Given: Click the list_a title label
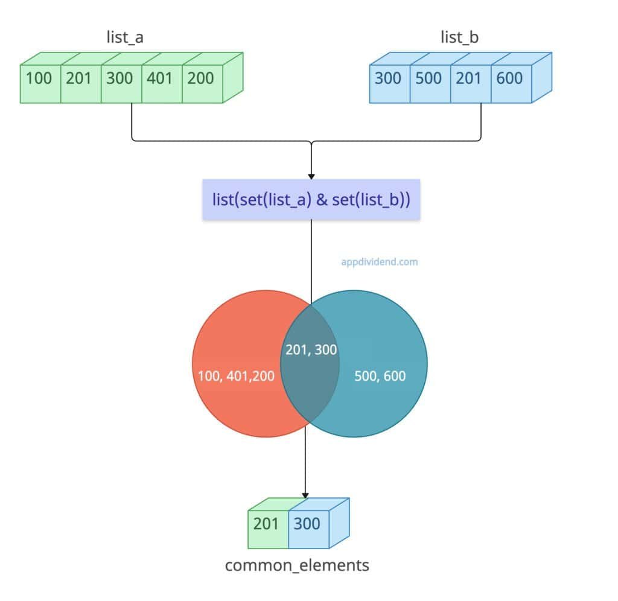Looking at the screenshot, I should point(125,38).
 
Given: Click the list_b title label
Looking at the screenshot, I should point(459,38).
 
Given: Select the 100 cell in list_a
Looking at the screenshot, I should point(39,78).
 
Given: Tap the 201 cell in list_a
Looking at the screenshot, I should point(78,78).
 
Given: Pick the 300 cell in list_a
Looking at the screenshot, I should point(119,78).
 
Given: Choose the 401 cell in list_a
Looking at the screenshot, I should point(160,78).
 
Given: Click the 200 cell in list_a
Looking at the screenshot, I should point(200,78).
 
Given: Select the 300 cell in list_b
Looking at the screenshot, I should point(388,78).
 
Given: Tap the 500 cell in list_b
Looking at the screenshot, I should point(428,78).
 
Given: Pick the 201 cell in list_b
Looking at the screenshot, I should point(469,78).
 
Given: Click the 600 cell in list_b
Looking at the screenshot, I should point(509,78).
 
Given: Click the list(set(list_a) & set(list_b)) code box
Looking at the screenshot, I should point(311,200).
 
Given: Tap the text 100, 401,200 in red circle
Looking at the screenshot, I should point(236,377).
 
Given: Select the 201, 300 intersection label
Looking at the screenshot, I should point(311,350).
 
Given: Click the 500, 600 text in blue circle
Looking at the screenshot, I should point(379,377).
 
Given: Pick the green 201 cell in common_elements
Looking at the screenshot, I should point(266,523).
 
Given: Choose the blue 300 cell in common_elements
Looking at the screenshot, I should point(307,523).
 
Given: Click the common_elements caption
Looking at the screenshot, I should point(297,565).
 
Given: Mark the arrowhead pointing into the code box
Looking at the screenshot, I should point(311,175).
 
